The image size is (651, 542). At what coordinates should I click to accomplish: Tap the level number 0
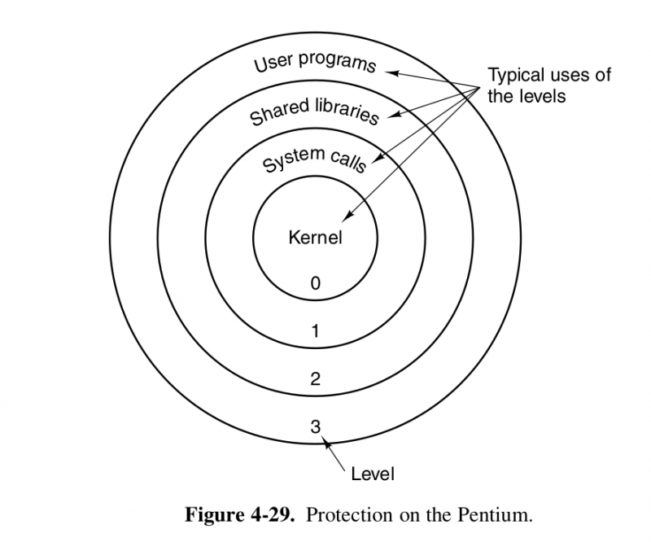point(316,283)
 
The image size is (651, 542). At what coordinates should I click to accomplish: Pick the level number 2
point(316,378)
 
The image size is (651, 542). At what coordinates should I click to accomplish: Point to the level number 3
point(316,425)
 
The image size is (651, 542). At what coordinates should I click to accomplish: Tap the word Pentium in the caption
point(496,515)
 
